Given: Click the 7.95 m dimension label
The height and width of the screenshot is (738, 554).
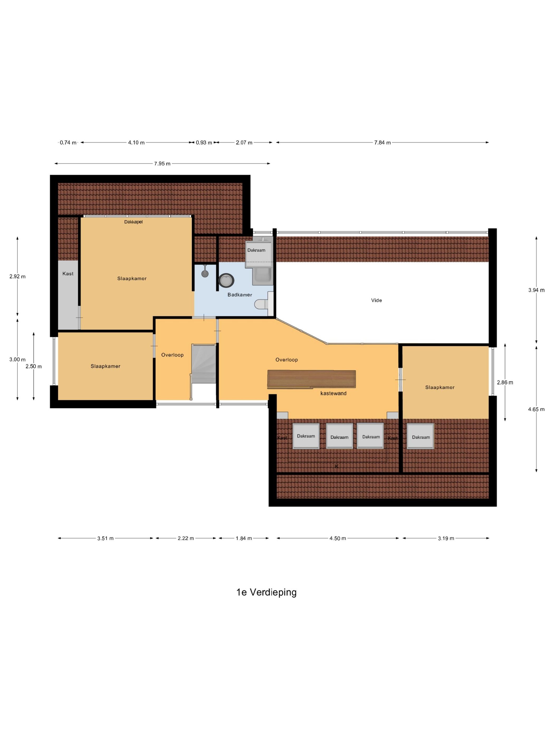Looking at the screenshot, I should tap(162, 163).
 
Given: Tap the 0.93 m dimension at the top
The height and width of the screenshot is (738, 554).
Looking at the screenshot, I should tap(204, 143).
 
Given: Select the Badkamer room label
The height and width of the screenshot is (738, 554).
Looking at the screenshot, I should tap(240, 295).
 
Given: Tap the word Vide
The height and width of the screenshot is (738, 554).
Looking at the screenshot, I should tap(376, 300).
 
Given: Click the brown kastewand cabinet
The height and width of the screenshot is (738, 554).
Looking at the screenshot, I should tap(311, 379).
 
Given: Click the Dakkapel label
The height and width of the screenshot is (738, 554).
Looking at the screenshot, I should tap(133, 222).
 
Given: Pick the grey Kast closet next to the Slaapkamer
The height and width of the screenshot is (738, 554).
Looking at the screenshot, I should tap(68, 294).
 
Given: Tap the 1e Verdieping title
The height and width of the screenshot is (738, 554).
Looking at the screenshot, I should tap(266, 592).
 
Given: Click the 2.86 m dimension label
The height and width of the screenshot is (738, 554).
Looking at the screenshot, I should tap(505, 382).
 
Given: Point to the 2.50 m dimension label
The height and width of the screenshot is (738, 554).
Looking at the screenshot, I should tap(34, 366).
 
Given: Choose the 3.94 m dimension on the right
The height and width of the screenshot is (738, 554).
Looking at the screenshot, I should tap(536, 290).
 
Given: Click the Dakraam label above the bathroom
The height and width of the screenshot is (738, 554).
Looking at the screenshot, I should tap(256, 250).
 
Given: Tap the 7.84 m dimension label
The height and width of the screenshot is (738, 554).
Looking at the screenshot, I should tap(382, 143).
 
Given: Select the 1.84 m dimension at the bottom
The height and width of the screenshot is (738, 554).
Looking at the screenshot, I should tap(243, 538).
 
